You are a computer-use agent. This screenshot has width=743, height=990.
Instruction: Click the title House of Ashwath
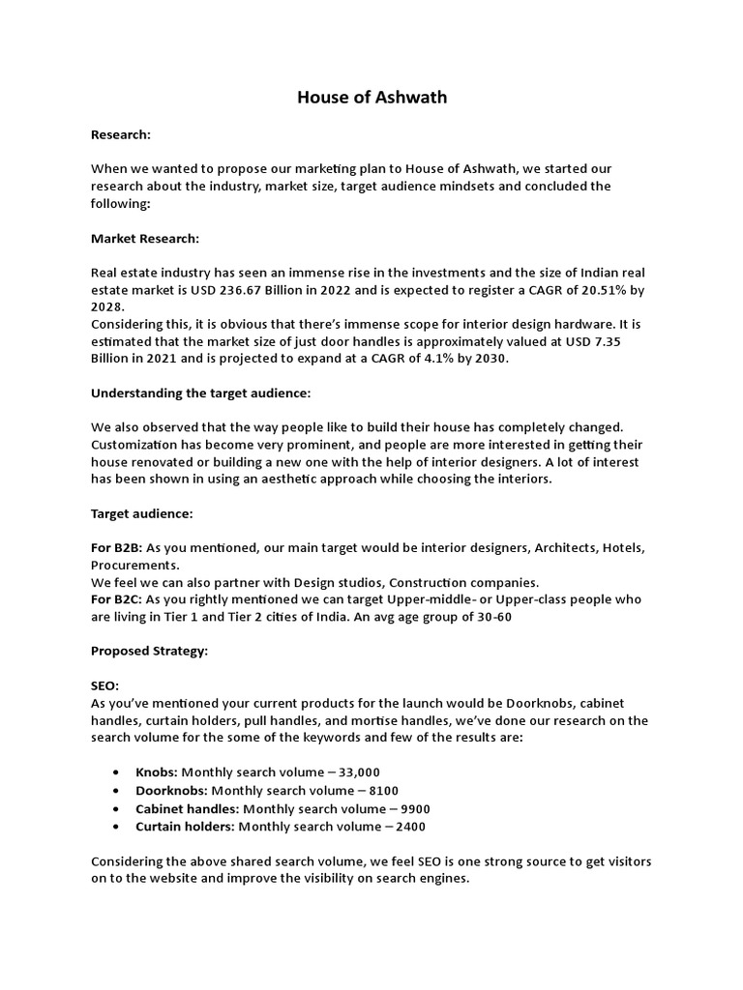point(371,98)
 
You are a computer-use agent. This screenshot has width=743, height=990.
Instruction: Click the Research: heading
point(121,135)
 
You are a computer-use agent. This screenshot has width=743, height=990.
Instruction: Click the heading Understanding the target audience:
point(200,394)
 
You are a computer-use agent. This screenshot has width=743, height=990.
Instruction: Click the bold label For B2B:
point(116,548)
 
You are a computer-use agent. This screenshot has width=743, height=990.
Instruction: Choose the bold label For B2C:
point(116,599)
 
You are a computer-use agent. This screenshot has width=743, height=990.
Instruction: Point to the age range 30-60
point(490,616)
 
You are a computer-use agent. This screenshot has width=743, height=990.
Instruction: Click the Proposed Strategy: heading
point(149,652)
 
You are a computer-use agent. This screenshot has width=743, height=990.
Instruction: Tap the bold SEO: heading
point(104,686)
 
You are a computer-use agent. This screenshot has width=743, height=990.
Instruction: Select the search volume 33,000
point(354,772)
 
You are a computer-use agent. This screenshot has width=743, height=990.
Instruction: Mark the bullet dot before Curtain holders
point(116,827)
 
